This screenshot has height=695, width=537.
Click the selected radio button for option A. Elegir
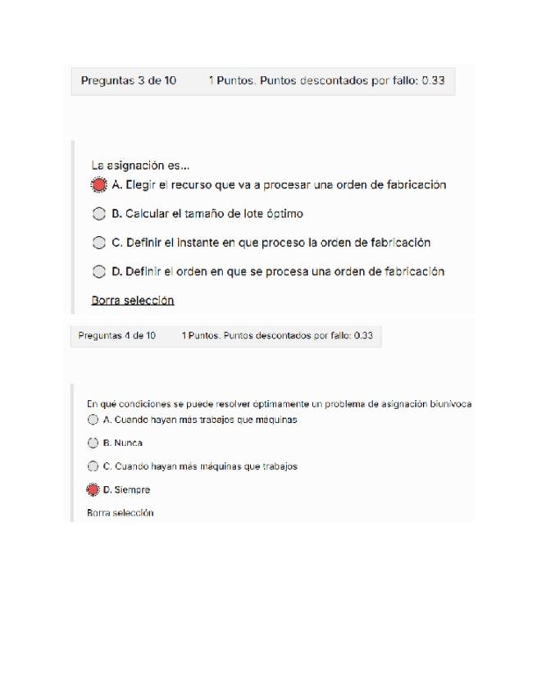click(99, 185)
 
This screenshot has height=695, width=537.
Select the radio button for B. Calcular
click(99, 214)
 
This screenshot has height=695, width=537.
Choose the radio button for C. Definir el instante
click(99, 243)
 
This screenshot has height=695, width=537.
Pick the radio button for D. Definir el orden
click(99, 271)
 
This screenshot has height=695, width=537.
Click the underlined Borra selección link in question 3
click(133, 300)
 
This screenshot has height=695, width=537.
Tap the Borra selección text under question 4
click(120, 513)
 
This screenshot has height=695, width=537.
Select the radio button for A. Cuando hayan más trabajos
click(93, 420)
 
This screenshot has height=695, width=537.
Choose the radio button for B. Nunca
click(93, 443)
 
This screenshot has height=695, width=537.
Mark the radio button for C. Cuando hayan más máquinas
click(93, 466)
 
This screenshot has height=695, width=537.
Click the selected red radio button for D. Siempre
click(93, 490)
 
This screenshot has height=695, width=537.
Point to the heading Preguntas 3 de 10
click(128, 81)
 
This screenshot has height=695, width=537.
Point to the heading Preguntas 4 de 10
click(116, 335)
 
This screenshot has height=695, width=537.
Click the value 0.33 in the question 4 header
click(363, 335)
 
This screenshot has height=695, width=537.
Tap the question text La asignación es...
click(140, 165)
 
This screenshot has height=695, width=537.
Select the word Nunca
click(128, 443)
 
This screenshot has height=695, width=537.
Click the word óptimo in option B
click(284, 214)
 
